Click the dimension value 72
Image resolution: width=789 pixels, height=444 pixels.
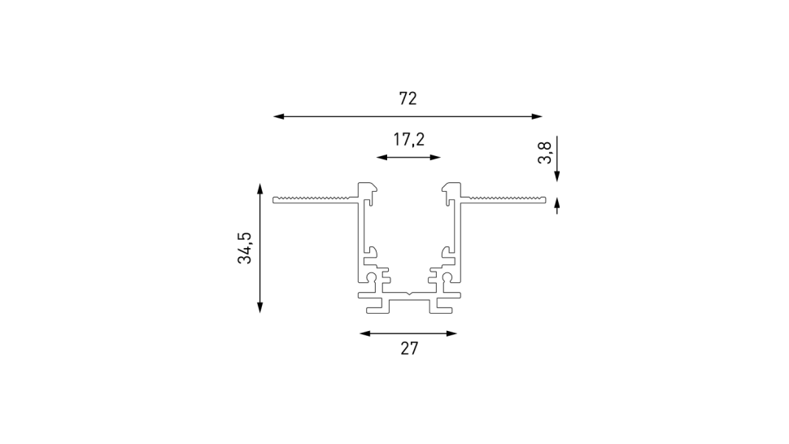tap(408, 98)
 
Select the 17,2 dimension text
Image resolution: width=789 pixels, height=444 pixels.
tap(408, 139)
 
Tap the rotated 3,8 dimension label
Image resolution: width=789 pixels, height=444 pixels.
tap(545, 153)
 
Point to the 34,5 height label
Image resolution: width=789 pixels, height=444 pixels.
tap(245, 248)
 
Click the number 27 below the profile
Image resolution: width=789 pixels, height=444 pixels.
tap(409, 349)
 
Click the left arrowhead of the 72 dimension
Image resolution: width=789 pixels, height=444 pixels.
tap(278, 116)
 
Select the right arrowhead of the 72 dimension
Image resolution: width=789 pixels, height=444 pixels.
tap(537, 116)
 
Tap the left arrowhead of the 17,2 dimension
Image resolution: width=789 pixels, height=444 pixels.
tap(382, 158)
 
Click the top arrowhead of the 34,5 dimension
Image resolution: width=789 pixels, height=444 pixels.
tap(259, 189)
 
